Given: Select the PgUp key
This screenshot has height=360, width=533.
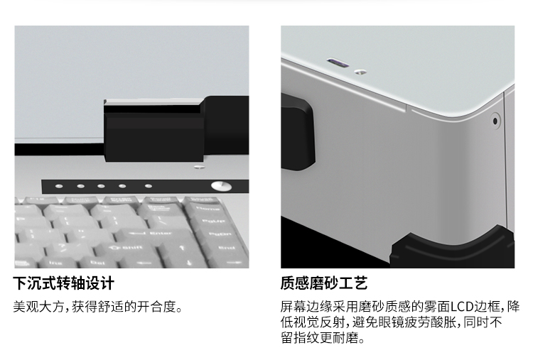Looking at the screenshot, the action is pyautogui.click(x=214, y=222).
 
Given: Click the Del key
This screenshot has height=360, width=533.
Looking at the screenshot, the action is pyautogui.click(x=96, y=263).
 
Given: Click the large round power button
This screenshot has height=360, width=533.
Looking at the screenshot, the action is pyautogui.click(x=221, y=186).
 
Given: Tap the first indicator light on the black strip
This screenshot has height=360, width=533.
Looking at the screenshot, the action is pyautogui.click(x=59, y=186).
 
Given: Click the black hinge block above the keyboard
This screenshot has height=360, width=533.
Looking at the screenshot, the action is pyautogui.click(x=176, y=129).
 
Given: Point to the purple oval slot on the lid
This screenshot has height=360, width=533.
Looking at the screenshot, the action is pyautogui.click(x=338, y=63).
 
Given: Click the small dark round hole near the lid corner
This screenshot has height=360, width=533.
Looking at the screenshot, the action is pyautogui.click(x=495, y=121).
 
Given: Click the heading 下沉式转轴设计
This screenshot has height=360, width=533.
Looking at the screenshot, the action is pyautogui.click(x=63, y=283).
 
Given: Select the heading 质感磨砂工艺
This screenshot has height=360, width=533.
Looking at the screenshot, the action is pyautogui.click(x=323, y=283).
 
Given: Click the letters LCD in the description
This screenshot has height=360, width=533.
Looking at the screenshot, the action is pyautogui.click(x=462, y=307).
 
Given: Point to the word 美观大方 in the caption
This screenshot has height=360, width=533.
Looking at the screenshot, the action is pyautogui.click(x=39, y=307).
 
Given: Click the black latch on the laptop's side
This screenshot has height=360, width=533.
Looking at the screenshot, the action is pyautogui.click(x=297, y=133).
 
